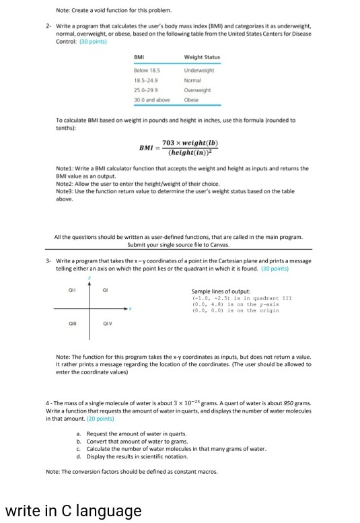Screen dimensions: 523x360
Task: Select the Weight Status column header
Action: tap(201, 57)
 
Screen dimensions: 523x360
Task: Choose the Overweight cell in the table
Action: tap(198, 90)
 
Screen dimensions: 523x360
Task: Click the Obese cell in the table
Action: tap(190, 100)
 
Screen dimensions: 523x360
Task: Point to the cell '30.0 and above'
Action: tap(151, 100)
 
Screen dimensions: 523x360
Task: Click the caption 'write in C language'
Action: tap(73, 511)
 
